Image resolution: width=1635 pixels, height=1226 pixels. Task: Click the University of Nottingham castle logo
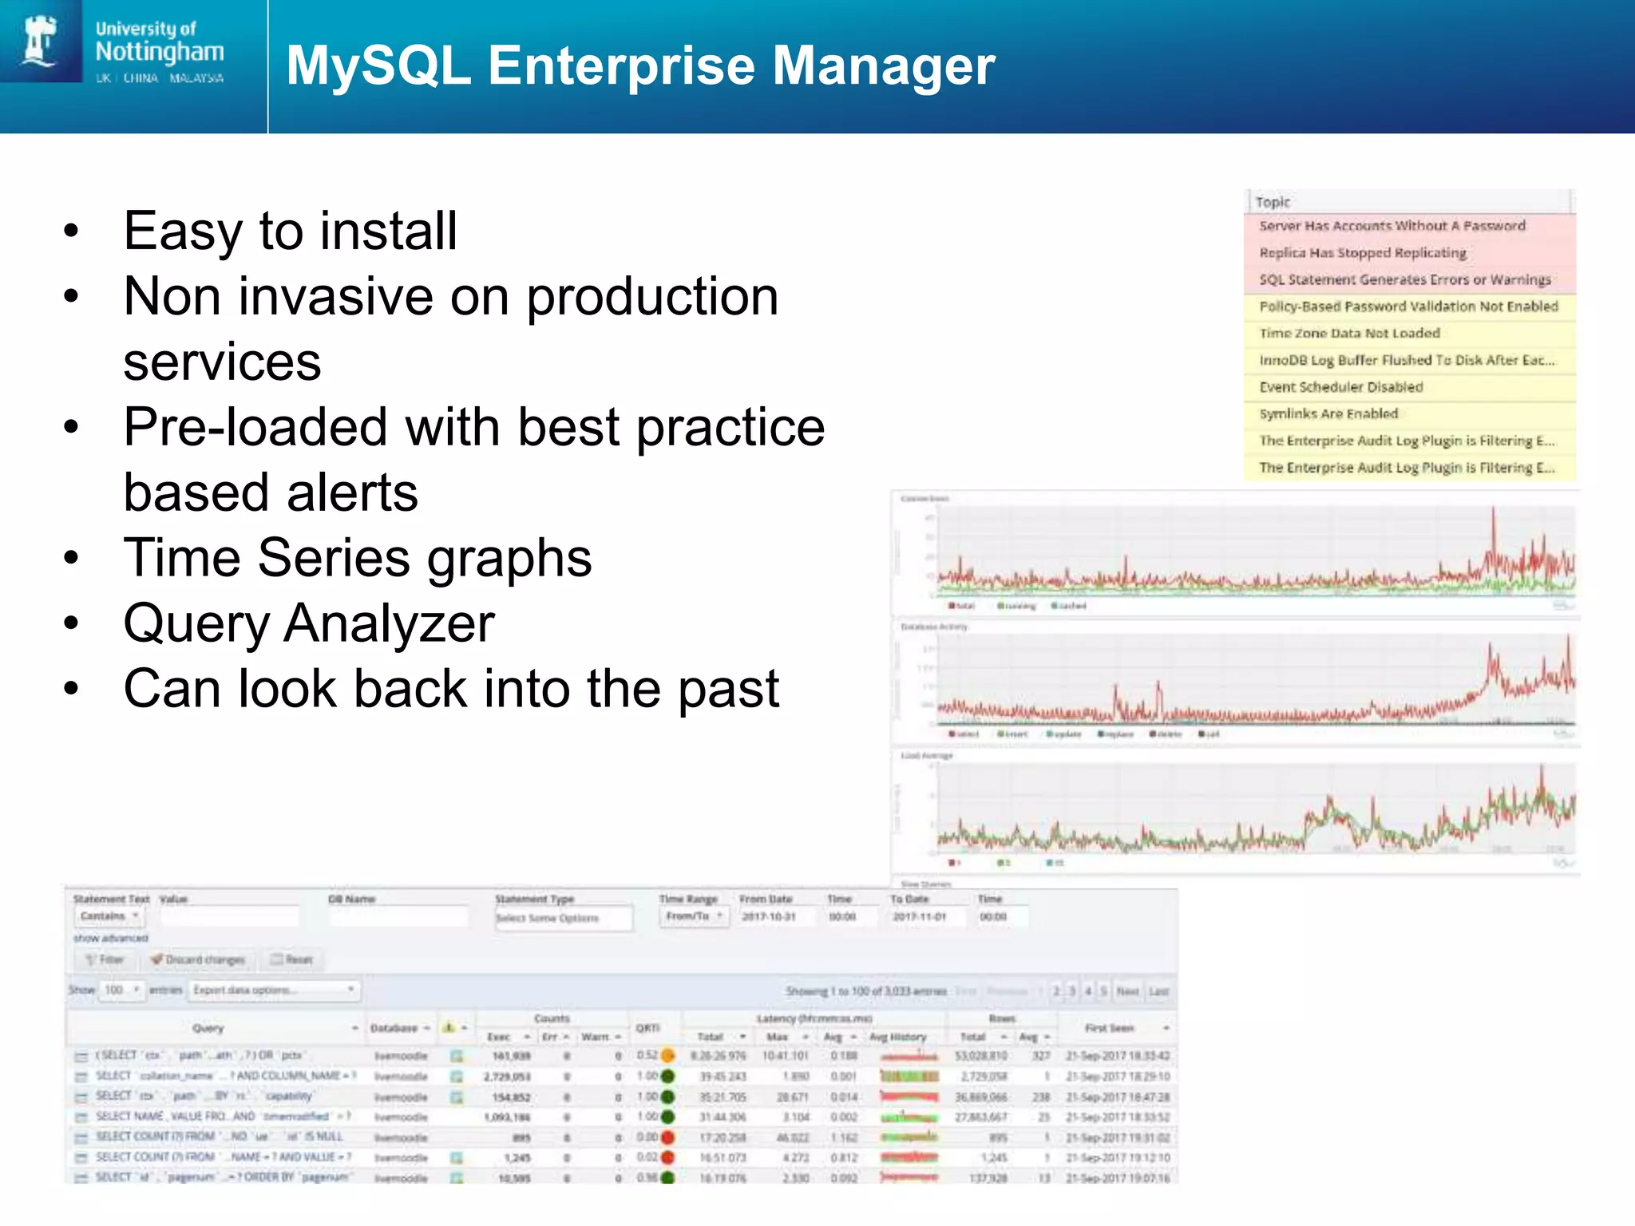[x=40, y=40]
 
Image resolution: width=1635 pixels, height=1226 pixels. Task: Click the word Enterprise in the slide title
[x=619, y=65]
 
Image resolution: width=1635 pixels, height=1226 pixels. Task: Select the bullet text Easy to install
[x=291, y=231]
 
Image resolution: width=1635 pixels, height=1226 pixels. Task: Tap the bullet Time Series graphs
[x=358, y=558]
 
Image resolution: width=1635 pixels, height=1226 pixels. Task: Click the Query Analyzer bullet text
[x=309, y=623]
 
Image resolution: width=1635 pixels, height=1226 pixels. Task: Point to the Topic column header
[x=1273, y=202]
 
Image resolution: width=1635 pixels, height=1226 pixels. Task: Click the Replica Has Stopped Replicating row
[x=1363, y=253]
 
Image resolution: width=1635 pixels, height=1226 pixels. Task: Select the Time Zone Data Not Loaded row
[x=1349, y=334]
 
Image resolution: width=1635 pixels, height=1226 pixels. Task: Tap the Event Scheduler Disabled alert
[x=1341, y=387]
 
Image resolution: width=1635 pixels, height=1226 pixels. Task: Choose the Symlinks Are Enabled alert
[x=1328, y=414]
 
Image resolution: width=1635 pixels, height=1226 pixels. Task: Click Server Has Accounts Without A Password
[x=1392, y=226]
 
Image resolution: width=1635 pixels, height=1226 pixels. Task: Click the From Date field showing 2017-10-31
[x=770, y=917]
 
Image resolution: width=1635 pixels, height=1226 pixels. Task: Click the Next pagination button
[x=1127, y=991]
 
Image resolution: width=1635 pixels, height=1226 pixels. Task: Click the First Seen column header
[x=1109, y=1028]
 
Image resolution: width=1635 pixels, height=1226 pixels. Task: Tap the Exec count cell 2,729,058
[x=507, y=1077]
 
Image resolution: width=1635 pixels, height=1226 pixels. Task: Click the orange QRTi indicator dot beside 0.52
[x=668, y=1056]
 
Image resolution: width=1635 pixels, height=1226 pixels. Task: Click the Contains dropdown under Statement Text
[x=109, y=916]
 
